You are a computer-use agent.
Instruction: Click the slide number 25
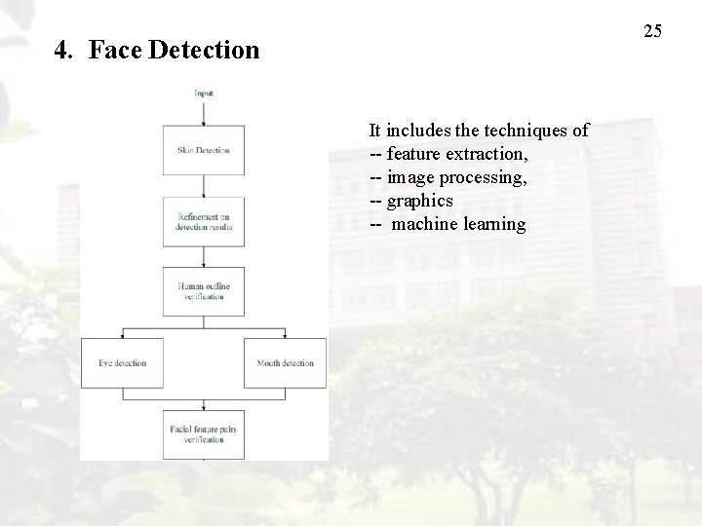click(x=653, y=31)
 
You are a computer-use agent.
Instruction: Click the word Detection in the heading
click(x=205, y=50)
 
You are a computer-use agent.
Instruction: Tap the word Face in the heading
click(x=116, y=50)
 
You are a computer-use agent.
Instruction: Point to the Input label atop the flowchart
click(x=204, y=94)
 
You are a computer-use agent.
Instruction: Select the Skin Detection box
click(x=204, y=150)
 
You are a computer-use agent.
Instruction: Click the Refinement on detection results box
click(x=204, y=221)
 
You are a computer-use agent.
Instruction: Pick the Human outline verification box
click(x=204, y=291)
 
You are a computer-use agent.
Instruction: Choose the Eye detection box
click(x=122, y=362)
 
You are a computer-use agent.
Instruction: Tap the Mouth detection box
click(x=285, y=362)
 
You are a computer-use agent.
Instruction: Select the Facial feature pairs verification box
click(x=204, y=433)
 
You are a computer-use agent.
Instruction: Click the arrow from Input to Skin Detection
click(x=204, y=112)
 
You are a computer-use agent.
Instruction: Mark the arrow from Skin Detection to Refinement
click(x=204, y=185)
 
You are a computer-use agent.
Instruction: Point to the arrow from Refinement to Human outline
click(x=204, y=256)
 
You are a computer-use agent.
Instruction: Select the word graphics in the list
click(x=420, y=201)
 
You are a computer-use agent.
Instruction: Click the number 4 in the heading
click(x=61, y=50)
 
